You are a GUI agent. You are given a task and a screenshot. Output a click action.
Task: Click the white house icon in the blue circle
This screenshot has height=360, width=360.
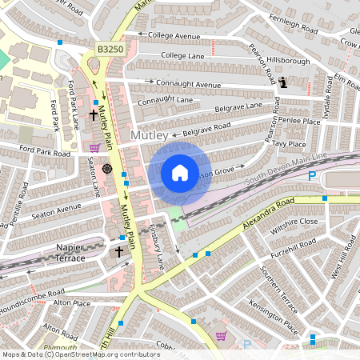(179, 172)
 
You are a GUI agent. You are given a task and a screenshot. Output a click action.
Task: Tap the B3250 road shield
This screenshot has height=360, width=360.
(110, 49)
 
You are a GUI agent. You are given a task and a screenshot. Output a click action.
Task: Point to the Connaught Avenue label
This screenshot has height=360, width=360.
(188, 83)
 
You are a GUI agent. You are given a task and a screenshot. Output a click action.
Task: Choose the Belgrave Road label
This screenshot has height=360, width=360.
(206, 127)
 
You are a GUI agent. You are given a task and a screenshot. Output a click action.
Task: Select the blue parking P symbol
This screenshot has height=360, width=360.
(312, 176)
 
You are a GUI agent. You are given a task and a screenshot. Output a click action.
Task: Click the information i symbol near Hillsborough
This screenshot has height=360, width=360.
(285, 81)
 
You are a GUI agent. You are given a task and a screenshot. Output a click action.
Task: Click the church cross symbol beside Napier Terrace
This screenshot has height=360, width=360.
(119, 251)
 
